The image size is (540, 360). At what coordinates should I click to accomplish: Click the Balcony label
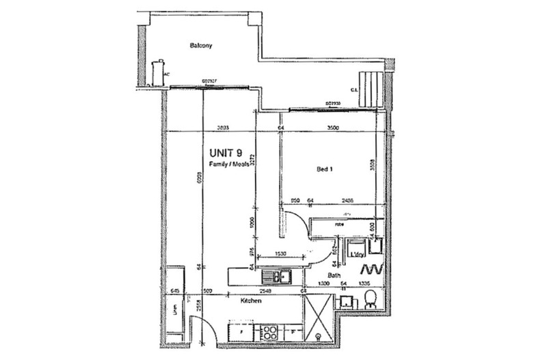[x=201, y=46]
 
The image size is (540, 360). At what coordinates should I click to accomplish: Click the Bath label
[x=334, y=275]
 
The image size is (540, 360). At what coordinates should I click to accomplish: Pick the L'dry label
[x=356, y=254]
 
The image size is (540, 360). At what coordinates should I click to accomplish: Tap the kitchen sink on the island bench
[x=281, y=277]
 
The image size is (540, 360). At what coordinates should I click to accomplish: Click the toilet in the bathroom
[x=369, y=299]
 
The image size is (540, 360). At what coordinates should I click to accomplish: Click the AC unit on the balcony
[x=159, y=72]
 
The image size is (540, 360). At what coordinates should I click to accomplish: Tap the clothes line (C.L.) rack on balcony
[x=372, y=88]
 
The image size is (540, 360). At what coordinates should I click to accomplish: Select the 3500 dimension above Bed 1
[x=333, y=128]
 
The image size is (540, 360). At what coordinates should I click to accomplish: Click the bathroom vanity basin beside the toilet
[x=346, y=301]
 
